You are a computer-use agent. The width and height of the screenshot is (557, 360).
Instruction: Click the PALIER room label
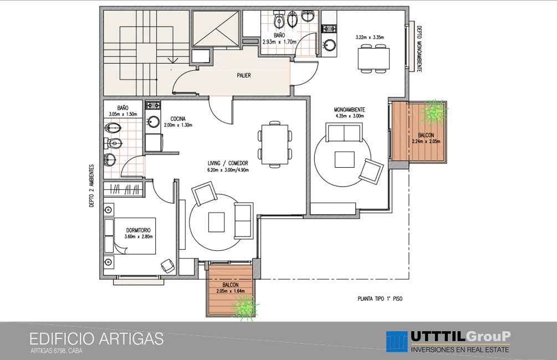[244, 75]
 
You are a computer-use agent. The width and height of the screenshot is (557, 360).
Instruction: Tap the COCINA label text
[177, 119]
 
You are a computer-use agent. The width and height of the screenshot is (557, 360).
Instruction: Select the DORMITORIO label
[139, 230]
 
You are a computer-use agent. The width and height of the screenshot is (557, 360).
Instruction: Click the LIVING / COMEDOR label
[228, 163]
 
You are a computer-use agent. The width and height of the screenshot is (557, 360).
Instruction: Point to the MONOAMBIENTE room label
[349, 110]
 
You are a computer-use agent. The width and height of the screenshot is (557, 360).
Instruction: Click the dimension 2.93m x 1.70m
[279, 42]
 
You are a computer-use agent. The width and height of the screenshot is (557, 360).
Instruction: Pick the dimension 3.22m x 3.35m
[370, 37]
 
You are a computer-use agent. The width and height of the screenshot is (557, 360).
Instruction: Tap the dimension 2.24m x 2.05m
[426, 141]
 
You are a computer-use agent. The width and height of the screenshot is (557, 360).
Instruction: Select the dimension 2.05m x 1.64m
[231, 291]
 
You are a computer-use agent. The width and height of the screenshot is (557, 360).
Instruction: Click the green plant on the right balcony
[433, 112]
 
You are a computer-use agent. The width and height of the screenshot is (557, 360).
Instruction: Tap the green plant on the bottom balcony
[244, 307]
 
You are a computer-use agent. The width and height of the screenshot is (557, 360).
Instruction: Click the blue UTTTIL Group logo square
[397, 342]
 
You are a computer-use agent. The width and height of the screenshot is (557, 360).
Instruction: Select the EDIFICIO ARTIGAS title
[96, 339]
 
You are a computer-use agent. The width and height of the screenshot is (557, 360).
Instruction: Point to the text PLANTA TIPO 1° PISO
[380, 299]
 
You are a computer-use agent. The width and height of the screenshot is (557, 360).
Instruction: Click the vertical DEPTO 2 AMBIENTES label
[91, 186]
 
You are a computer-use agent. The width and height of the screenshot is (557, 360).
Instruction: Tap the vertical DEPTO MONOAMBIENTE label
[419, 49]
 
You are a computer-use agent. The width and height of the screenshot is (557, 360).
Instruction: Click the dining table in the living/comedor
[275, 145]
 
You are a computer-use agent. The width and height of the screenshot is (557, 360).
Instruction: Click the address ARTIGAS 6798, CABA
[57, 352]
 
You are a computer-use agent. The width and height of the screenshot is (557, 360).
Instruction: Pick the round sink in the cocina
[154, 122]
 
